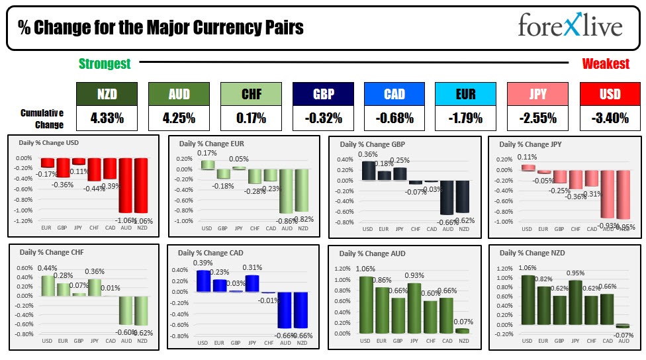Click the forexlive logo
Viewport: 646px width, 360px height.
click(570, 26)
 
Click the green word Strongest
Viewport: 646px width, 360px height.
click(105, 64)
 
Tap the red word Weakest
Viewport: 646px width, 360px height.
click(606, 64)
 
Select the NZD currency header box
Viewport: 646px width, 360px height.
click(107, 94)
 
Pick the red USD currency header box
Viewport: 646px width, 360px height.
click(610, 94)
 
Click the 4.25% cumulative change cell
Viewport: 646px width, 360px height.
click(179, 118)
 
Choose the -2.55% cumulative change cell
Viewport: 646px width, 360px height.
click(537, 118)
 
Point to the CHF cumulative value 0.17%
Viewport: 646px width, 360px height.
click(251, 118)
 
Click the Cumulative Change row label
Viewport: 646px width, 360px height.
click(42, 119)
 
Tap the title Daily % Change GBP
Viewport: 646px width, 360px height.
click(373, 144)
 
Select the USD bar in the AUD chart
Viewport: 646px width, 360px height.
click(365, 304)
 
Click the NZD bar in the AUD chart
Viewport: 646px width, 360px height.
click(461, 330)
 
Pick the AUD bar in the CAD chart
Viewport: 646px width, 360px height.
click(285, 310)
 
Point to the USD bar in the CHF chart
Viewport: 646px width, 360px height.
click(48, 285)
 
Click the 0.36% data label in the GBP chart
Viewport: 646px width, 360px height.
click(367, 155)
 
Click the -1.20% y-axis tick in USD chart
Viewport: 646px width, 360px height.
click(23, 220)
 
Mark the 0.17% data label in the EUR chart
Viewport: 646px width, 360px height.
click(207, 154)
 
